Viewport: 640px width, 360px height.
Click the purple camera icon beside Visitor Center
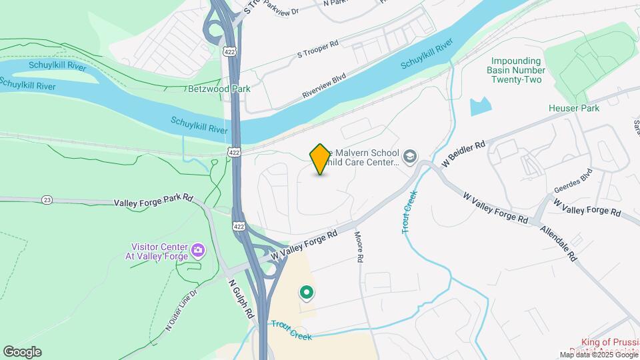click(197, 251)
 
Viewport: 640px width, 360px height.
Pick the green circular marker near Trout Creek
click(307, 292)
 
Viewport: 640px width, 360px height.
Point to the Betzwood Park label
click(199, 89)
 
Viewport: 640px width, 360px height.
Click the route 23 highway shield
click(47, 199)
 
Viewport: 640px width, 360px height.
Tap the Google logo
click(22, 352)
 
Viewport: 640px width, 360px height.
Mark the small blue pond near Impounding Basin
click(480, 106)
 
